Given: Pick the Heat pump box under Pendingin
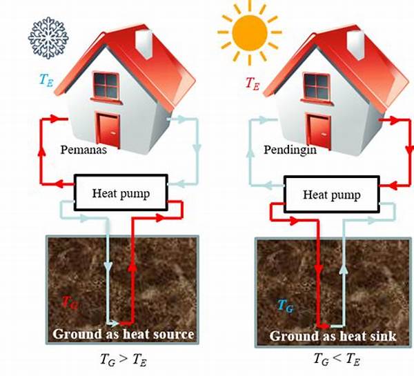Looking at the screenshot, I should (x=332, y=195).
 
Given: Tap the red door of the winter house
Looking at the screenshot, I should (x=108, y=129).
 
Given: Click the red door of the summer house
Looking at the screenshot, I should (x=319, y=129).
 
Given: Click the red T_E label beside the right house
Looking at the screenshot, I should (x=254, y=82).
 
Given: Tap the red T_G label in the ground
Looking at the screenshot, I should (x=69, y=301).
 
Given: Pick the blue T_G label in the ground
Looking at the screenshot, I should (x=285, y=304).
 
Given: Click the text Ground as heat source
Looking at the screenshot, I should (x=123, y=335).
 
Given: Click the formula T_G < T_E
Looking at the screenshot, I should (x=334, y=359).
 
